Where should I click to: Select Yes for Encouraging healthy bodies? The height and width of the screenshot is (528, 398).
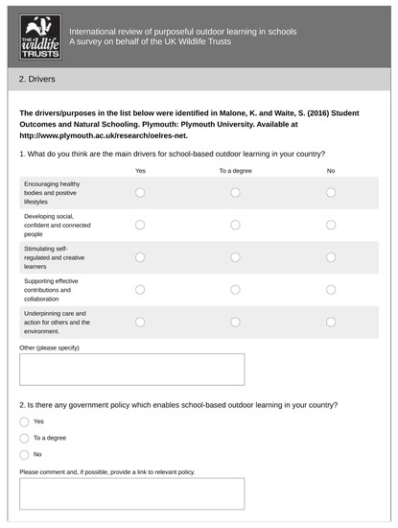click(140, 192)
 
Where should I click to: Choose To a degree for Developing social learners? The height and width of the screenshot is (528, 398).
click(236, 225)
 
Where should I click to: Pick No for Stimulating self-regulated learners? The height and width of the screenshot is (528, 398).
click(331, 257)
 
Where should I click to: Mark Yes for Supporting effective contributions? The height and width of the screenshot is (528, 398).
click(140, 289)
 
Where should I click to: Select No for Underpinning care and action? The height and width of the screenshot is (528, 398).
click(331, 322)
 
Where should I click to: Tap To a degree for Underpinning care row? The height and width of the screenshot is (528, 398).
click(236, 322)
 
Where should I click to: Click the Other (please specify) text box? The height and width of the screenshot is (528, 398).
click(131, 369)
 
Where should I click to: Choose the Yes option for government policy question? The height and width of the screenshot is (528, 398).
click(24, 421)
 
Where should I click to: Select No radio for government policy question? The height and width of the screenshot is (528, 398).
click(24, 453)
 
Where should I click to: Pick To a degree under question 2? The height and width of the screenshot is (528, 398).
click(24, 438)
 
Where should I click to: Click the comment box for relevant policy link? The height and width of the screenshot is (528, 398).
click(131, 493)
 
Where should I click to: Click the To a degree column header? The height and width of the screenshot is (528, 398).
click(235, 170)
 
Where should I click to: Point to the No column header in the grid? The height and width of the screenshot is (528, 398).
click(331, 170)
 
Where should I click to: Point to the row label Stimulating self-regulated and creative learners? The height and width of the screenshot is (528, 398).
click(54, 257)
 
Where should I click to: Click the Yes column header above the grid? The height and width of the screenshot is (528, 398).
click(140, 170)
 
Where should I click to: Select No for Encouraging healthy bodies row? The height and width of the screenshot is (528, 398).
click(331, 192)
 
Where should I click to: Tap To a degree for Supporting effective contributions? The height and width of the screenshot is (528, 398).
click(236, 289)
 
